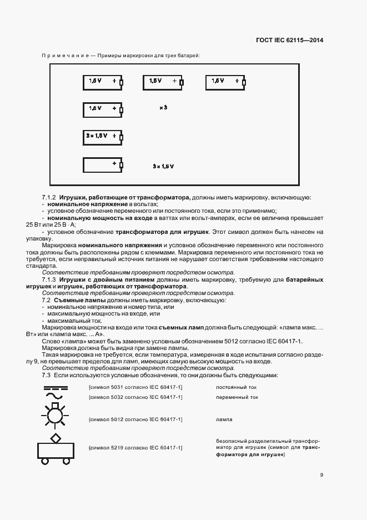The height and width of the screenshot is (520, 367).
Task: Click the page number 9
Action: [321, 475]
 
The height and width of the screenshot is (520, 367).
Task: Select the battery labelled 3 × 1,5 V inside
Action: [103, 136]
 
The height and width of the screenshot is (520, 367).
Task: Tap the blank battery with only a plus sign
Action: [103, 164]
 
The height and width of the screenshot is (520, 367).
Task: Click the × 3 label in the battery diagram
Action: [163, 108]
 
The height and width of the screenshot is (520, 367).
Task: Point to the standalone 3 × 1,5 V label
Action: [163, 166]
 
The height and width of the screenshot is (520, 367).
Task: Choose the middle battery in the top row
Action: [164, 82]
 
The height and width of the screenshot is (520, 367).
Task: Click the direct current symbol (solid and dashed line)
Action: [55, 387]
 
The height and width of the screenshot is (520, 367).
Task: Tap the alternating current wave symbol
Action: [55, 397]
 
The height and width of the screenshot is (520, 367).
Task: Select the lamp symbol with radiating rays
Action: [54, 418]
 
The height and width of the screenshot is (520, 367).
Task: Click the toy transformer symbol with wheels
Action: [54, 448]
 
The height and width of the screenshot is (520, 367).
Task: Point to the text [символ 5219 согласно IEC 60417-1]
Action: [135, 447]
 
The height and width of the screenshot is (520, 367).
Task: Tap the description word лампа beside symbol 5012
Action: [224, 419]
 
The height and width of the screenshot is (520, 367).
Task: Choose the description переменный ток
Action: [237, 397]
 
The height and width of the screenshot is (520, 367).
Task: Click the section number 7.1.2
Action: [50, 197]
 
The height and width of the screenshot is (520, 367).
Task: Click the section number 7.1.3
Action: [50, 279]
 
